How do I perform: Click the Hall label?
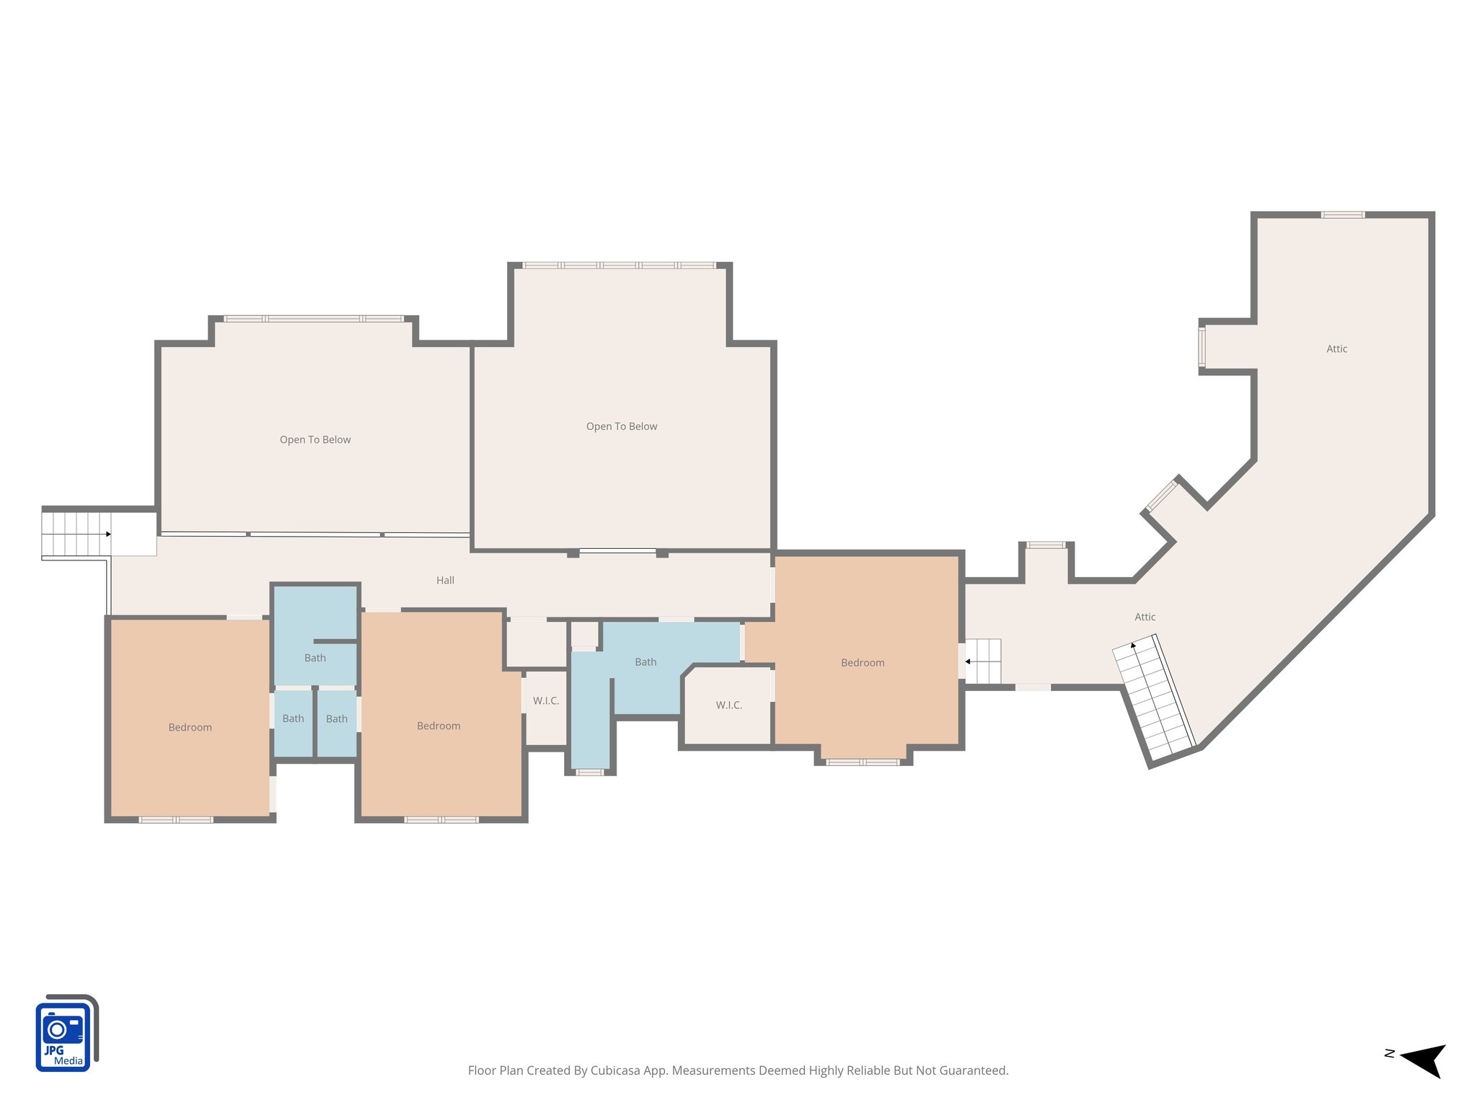pos(445,580)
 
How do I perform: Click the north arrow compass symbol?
pos(1420,1060)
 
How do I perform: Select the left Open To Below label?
pos(315,439)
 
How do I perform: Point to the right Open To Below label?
pos(622,426)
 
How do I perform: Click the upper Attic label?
pos(1336,348)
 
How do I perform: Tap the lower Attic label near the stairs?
pos(1145,617)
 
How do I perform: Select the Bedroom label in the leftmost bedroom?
pos(190,727)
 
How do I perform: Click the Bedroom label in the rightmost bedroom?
pos(863,662)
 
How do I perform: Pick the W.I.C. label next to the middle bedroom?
pos(546,700)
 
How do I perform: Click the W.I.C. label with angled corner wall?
pos(728,705)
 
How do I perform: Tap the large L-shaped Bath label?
pos(645,661)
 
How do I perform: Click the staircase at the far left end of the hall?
pos(76,534)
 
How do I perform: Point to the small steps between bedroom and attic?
pos(983,661)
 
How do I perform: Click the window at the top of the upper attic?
pos(1342,215)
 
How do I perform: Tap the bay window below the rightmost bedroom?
pos(863,762)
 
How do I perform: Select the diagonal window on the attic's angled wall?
pos(1162,496)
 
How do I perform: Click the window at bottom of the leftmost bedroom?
pos(175,819)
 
